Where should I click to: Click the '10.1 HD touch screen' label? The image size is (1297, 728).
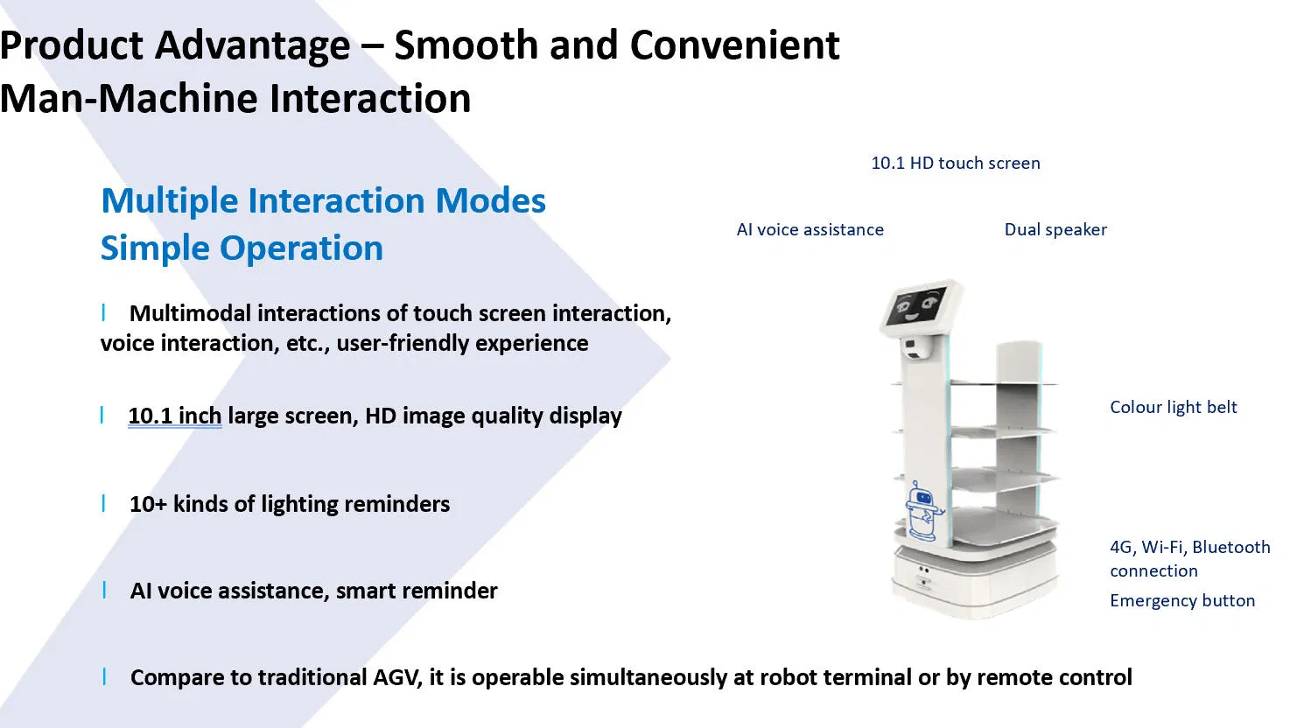click(955, 163)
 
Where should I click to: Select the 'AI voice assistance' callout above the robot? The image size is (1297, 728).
click(810, 229)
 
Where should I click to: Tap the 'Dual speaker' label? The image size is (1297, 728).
click(1055, 229)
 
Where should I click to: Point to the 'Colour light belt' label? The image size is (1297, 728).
click(1173, 407)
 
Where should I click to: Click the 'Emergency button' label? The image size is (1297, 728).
click(1181, 600)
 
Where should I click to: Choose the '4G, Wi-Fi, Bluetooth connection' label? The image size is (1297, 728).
click(1188, 558)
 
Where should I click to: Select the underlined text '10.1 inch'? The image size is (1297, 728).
click(174, 416)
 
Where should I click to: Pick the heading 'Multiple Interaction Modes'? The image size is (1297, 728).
click(323, 200)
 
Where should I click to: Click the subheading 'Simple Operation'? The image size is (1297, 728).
click(242, 248)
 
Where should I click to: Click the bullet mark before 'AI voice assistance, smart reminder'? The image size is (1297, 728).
click(105, 590)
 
